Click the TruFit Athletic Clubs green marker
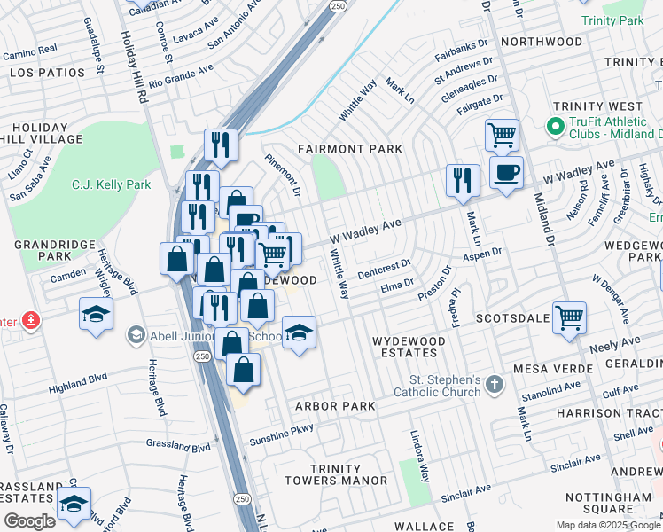(x=556, y=126)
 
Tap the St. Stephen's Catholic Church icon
(x=495, y=385)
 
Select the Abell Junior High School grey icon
(x=135, y=334)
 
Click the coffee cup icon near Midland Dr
(x=505, y=172)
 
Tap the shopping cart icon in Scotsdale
(x=568, y=317)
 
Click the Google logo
(x=30, y=520)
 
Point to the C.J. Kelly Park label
(x=111, y=185)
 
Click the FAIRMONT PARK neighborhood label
(x=349, y=149)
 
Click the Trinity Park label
(x=611, y=20)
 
